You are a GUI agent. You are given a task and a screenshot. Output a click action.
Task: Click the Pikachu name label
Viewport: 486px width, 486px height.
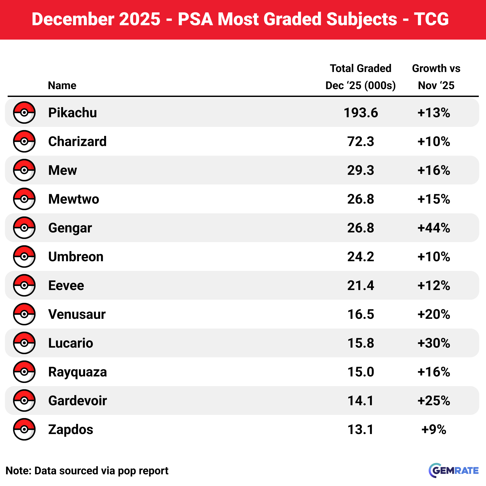click(x=72, y=112)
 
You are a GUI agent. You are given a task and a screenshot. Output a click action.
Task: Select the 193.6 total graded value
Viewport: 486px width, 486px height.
click(x=360, y=112)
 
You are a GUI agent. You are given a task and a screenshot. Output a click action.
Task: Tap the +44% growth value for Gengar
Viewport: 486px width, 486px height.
click(x=434, y=228)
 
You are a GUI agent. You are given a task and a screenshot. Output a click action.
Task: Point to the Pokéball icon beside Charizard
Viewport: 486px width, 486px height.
click(x=24, y=141)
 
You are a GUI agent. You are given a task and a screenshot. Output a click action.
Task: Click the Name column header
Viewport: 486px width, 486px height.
click(x=62, y=85)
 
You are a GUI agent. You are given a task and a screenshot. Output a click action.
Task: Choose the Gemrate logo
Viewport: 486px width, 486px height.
click(x=453, y=470)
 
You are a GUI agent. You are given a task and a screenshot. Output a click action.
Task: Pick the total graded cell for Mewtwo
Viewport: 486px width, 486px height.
click(x=360, y=199)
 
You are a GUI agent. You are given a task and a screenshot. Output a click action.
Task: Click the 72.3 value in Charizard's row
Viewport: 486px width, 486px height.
click(x=360, y=141)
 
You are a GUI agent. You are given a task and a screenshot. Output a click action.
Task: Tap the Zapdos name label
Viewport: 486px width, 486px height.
click(x=71, y=429)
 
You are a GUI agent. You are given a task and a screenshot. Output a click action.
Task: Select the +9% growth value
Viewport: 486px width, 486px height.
click(x=434, y=429)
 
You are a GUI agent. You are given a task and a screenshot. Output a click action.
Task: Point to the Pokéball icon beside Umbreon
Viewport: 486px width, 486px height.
click(x=24, y=256)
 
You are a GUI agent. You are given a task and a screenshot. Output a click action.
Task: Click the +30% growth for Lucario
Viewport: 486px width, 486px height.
click(x=434, y=343)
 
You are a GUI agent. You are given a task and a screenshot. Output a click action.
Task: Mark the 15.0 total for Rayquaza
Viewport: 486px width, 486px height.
click(x=360, y=372)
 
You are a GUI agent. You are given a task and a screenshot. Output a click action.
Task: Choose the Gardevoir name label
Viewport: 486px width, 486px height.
click(x=77, y=400)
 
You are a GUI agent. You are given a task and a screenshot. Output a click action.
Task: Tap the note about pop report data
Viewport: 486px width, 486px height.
click(x=87, y=471)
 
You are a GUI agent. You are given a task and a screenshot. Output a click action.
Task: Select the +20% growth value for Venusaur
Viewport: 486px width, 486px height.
click(x=434, y=314)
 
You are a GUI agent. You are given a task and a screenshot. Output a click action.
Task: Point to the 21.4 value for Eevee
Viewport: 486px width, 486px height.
click(x=360, y=285)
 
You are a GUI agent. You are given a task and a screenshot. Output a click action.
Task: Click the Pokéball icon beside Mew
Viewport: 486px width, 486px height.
click(x=24, y=170)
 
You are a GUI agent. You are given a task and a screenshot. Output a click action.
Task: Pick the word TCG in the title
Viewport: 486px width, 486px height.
click(x=431, y=19)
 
